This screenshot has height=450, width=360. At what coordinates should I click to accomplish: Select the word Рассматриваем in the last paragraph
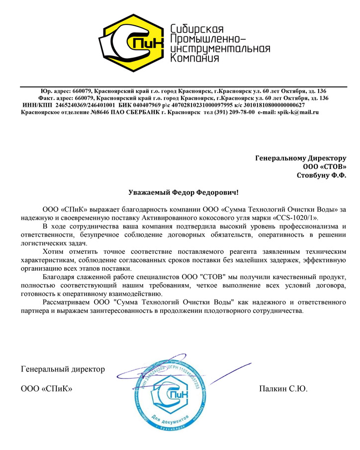tap(68, 301)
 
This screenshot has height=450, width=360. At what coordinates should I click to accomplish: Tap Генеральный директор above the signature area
tap(63, 370)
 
